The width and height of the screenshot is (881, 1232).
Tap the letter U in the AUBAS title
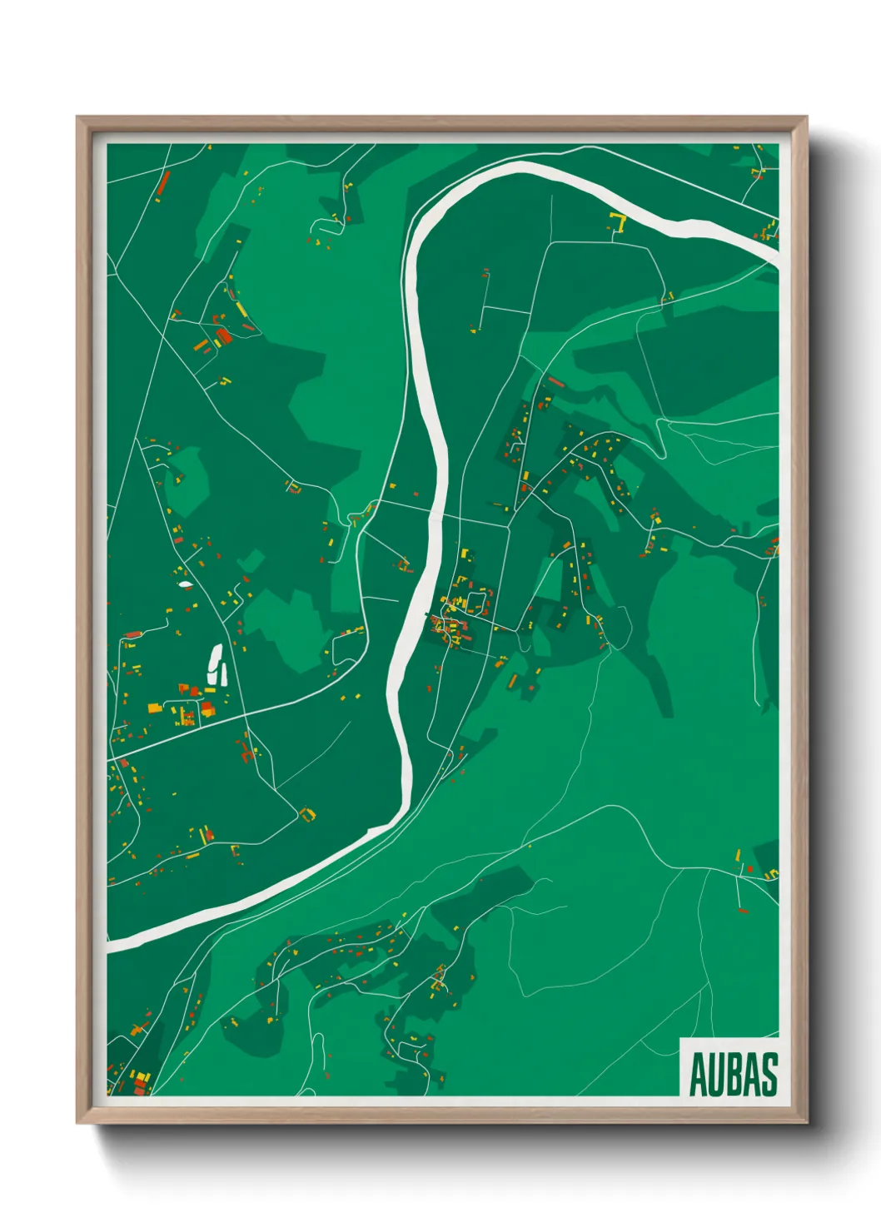click(717, 1075)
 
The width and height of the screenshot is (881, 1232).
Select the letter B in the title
click(735, 1075)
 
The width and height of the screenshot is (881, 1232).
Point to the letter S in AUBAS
click(769, 1075)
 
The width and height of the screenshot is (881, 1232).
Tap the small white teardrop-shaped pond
click(185, 584)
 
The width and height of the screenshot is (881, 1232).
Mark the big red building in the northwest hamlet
click(222, 335)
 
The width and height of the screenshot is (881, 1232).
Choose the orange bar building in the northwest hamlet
click(201, 345)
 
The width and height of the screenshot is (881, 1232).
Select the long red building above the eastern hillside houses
click(556, 382)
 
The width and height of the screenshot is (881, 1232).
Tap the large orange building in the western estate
click(154, 708)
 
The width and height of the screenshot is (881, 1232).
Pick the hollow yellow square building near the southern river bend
click(308, 813)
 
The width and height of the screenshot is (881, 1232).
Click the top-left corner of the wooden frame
click(77, 117)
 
